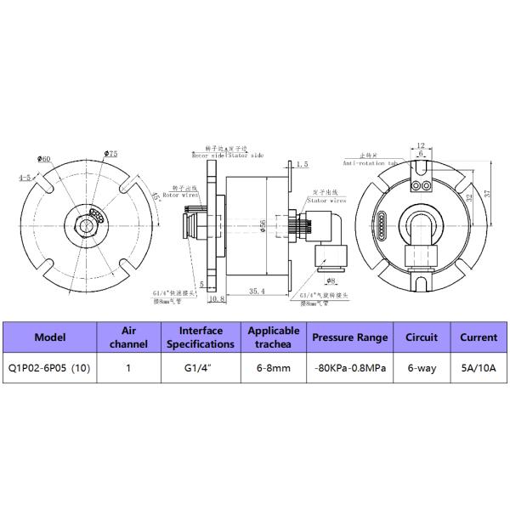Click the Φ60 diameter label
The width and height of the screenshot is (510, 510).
click(44, 159)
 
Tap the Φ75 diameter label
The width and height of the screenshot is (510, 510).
click(110, 153)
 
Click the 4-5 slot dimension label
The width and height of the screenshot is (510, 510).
click(25, 178)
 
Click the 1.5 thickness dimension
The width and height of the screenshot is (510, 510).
click(303, 162)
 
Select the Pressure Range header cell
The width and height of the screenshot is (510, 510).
click(349, 337)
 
